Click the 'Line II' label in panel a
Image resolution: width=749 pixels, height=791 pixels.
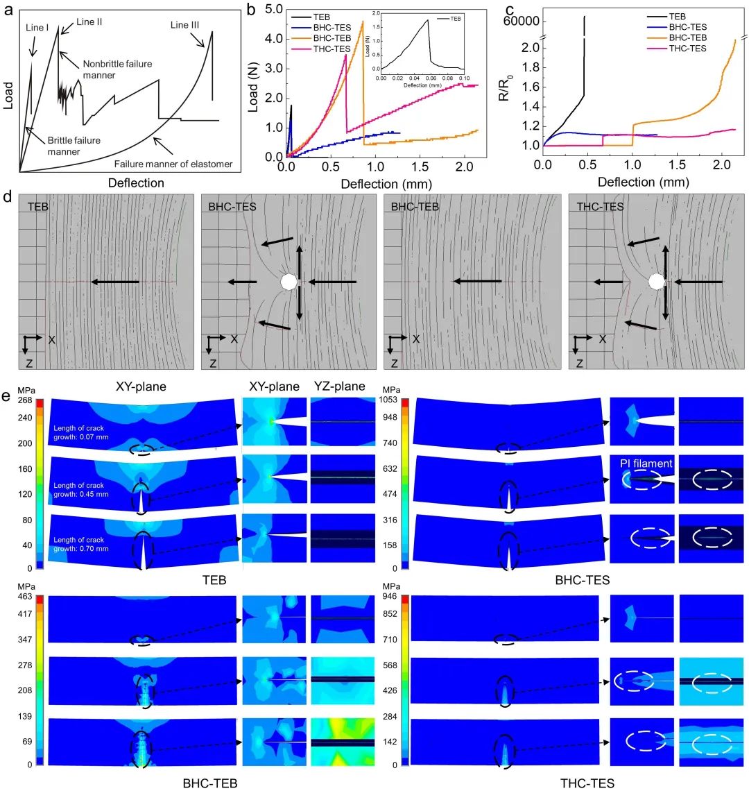click(x=89, y=22)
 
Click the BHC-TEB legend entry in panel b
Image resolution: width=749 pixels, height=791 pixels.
click(x=324, y=37)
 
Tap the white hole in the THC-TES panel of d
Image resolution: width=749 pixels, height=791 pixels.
click(x=656, y=282)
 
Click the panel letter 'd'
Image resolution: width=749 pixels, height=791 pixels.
click(x=8, y=197)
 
